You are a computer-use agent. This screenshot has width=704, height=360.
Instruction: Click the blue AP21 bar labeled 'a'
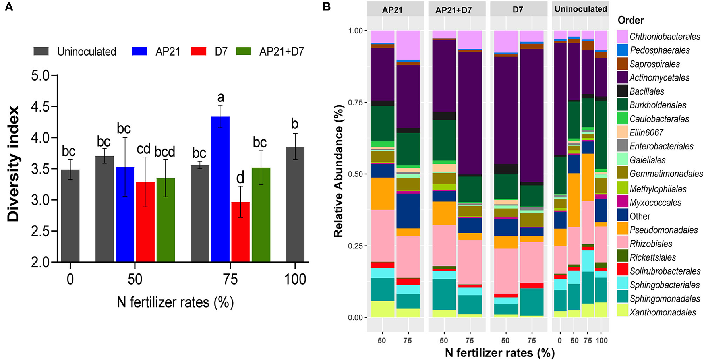click(x=220, y=189)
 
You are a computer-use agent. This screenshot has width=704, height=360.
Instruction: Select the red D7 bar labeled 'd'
click(x=240, y=232)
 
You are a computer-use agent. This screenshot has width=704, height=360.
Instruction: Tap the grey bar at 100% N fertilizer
click(x=295, y=204)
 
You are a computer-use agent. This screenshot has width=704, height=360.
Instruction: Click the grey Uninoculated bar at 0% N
click(x=70, y=215)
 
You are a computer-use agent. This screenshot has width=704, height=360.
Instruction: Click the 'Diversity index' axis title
click(x=13, y=164)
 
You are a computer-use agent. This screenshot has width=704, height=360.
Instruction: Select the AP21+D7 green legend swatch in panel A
click(x=244, y=51)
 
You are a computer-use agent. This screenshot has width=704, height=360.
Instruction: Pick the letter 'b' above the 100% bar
click(x=295, y=124)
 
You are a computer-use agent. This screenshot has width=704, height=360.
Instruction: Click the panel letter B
click(x=326, y=7)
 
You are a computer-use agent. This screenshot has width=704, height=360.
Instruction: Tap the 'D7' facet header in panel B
click(x=518, y=9)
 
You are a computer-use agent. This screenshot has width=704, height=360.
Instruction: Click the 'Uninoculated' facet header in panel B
click(x=580, y=9)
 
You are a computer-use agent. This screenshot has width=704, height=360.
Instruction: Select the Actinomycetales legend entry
click(x=659, y=78)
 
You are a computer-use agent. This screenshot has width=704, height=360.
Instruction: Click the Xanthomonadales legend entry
click(x=662, y=312)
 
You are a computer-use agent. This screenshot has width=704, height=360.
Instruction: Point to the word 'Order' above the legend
click(x=631, y=20)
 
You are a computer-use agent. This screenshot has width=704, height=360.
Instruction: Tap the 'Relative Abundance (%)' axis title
click(x=338, y=171)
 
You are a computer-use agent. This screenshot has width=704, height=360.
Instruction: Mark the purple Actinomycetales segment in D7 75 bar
click(x=532, y=115)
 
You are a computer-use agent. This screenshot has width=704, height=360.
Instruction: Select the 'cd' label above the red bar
click(x=144, y=149)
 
